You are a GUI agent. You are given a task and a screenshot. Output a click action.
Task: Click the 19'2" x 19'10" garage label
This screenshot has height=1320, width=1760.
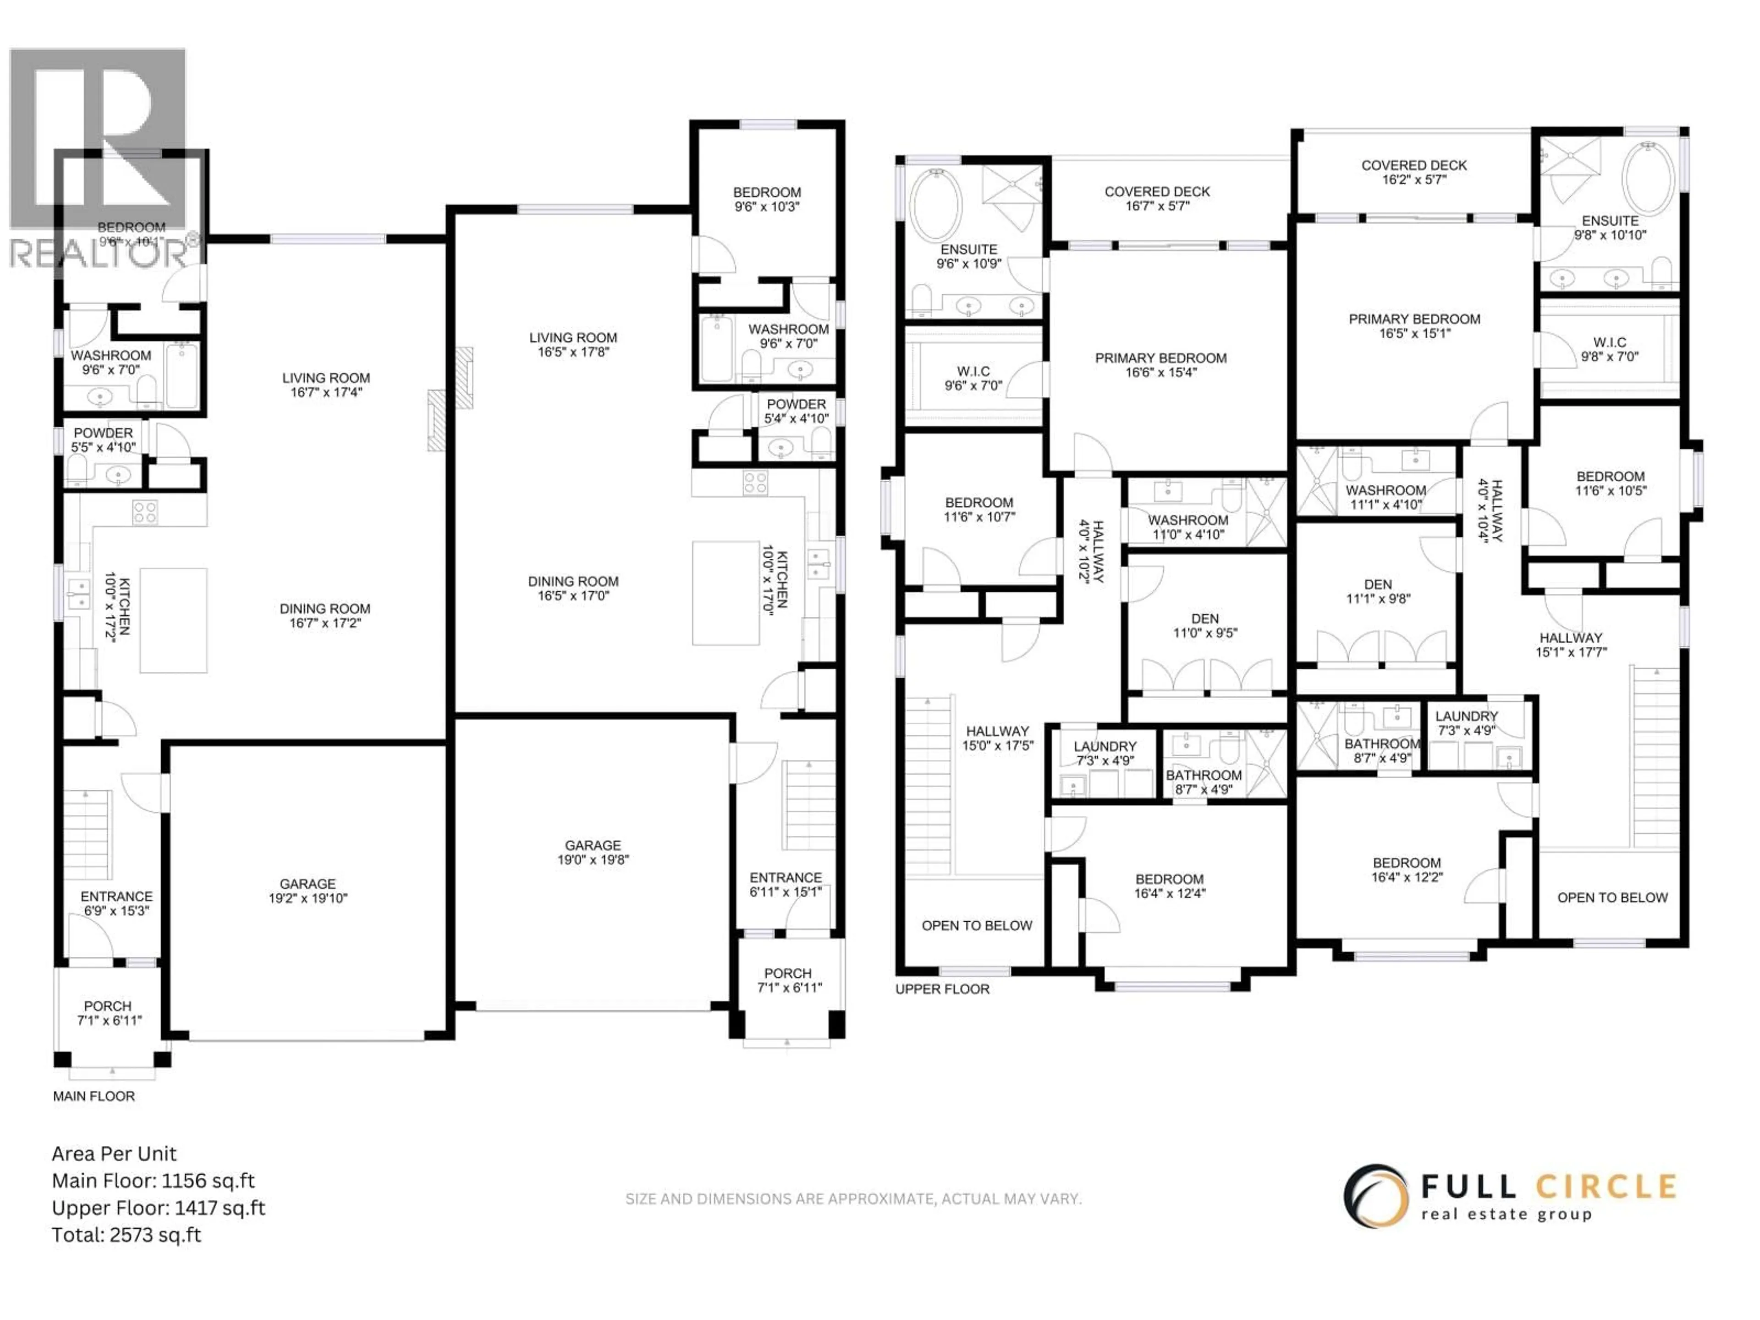pos(308,891)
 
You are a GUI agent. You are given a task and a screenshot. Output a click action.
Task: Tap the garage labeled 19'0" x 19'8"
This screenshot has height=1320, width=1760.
pos(593,852)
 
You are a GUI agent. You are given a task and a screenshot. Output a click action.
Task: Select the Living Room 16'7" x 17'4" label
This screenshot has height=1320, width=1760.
pos(326,385)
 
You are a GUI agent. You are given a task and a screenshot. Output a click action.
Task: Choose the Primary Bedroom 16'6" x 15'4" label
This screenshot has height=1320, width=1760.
pos(1161,365)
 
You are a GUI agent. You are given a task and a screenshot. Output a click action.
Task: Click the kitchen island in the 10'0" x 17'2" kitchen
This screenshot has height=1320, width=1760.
pos(173,621)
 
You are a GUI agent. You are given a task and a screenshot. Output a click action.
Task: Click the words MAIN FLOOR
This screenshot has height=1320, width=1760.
pos(94,1096)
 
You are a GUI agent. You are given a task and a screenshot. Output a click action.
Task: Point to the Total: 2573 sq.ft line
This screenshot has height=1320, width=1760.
pos(126,1235)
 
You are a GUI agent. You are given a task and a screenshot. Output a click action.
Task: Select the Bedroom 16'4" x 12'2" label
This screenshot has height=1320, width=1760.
pos(1407,869)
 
